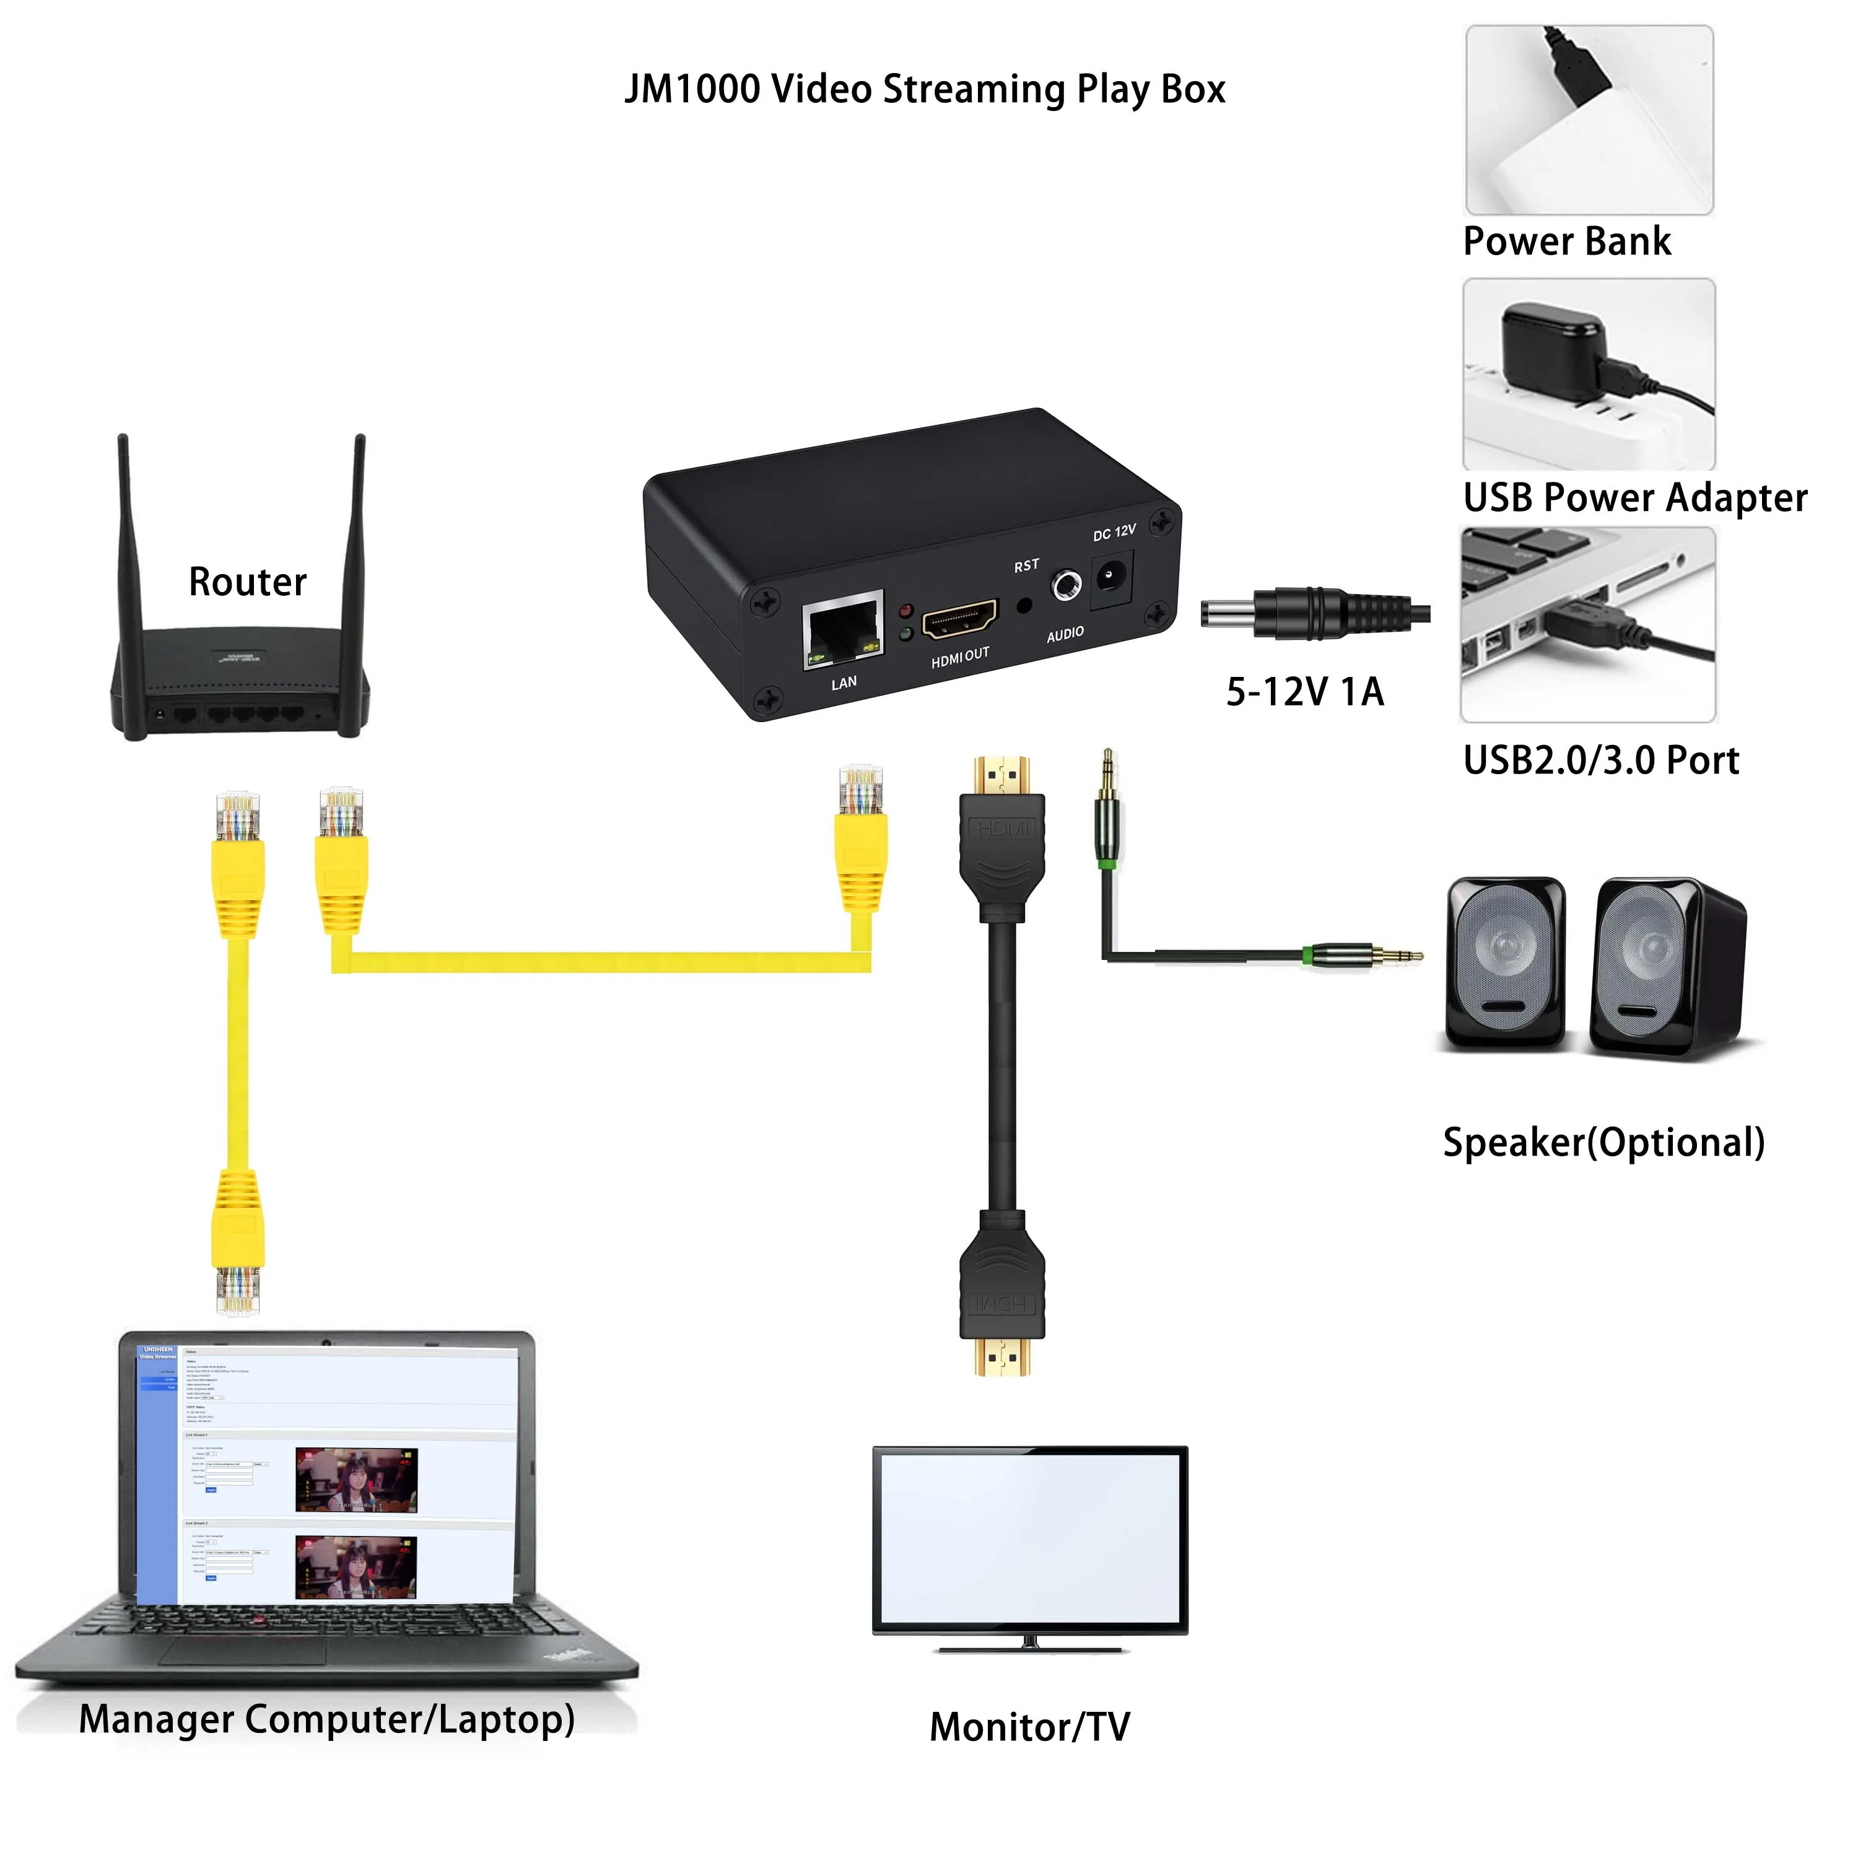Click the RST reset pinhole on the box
pos(1024,606)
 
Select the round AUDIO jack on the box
pos(1065,585)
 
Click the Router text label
pos(247,582)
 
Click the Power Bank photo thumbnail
pos(1589,120)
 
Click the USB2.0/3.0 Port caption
pos(1600,761)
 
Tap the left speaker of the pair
pos(1505,962)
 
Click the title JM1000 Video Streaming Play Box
pos(924,89)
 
